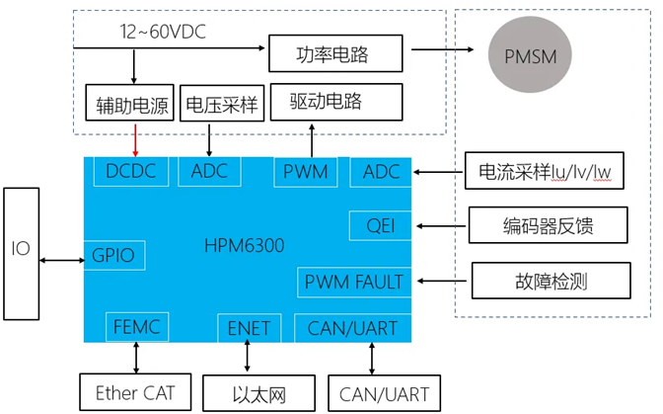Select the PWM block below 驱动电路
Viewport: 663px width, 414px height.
tap(306, 172)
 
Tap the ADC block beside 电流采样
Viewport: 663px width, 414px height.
tap(381, 172)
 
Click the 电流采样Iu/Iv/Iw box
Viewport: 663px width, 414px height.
tap(545, 171)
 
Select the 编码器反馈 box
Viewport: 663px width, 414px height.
tap(546, 226)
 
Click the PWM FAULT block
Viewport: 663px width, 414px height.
tap(353, 282)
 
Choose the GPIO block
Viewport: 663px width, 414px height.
tap(113, 255)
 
